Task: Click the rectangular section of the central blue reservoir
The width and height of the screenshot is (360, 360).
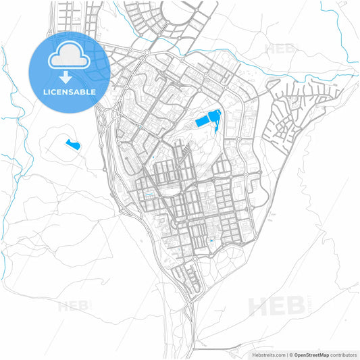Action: (203, 122)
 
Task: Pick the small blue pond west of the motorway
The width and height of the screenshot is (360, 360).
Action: (72, 143)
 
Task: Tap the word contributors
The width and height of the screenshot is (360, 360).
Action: (344, 354)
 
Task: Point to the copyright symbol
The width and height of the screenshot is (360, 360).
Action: (292, 354)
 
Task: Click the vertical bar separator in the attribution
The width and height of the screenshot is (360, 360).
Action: (286, 354)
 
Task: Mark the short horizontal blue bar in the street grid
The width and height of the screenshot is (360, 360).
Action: (149, 196)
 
